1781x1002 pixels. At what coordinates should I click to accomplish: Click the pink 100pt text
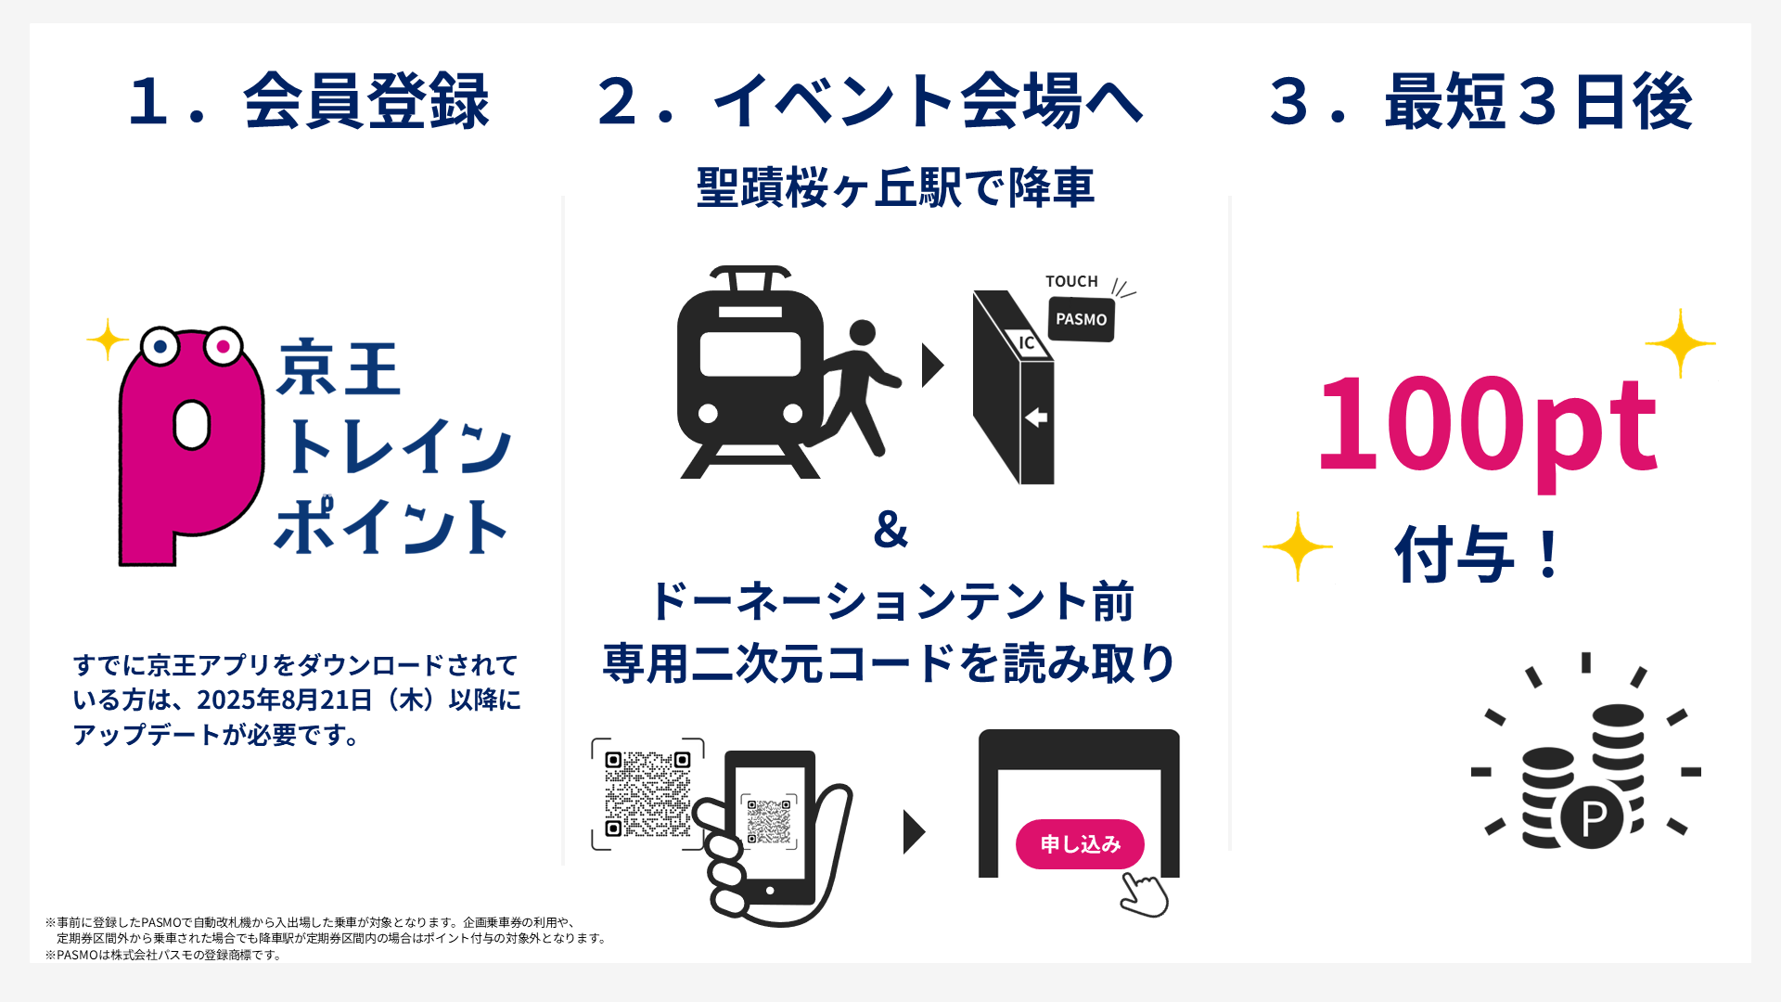(1486, 425)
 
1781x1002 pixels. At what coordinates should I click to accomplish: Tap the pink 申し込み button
(1080, 843)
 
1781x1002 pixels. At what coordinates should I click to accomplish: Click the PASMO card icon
(1081, 319)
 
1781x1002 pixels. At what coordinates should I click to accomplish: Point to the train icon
(750, 371)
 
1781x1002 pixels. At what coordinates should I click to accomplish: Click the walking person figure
(858, 385)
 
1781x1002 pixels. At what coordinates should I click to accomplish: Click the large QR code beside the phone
(647, 793)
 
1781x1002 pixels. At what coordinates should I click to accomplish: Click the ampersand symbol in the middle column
(890, 529)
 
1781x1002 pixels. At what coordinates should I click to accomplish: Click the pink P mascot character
(190, 445)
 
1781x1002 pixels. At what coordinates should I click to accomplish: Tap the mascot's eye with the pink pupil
(223, 347)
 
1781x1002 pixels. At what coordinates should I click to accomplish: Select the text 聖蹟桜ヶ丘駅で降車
(895, 187)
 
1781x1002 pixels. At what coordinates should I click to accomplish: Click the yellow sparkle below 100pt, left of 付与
(1297, 546)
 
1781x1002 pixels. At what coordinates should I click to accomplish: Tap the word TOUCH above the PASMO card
(1071, 281)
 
